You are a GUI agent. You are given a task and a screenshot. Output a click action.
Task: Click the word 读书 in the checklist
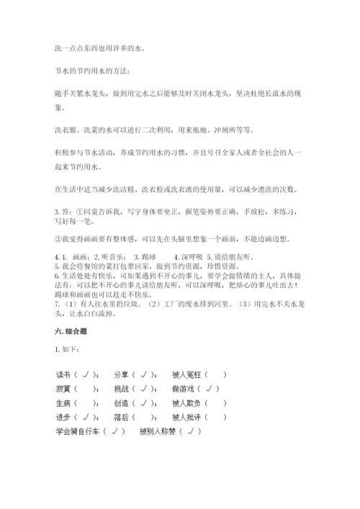63,374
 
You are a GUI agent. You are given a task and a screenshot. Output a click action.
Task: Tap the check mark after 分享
145,374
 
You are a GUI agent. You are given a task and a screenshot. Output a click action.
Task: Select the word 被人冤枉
186,374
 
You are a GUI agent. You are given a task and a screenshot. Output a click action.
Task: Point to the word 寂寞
63,389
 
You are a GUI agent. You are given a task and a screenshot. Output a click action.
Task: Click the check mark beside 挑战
145,389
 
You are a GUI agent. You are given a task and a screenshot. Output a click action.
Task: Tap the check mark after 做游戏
212,389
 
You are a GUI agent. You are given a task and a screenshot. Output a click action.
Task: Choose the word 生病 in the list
63,403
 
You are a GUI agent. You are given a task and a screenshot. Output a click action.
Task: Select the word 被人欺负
186,403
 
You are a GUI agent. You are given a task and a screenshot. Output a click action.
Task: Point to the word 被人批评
186,418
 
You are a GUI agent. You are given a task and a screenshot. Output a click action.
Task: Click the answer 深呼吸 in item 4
191,257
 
